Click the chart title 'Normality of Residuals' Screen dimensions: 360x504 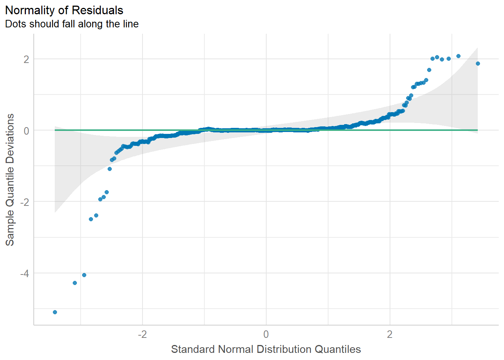coord(64,10)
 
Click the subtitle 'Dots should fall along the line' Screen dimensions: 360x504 coord(72,24)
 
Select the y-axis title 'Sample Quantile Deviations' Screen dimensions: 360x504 coord(10,180)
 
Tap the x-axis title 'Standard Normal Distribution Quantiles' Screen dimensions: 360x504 coord(266,349)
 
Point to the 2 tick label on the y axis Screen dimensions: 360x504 coord(26,59)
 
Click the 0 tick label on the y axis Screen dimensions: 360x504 coord(26,130)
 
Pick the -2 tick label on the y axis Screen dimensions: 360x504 coord(24,202)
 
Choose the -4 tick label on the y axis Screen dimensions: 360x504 coord(24,273)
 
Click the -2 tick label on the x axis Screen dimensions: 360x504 coord(142,334)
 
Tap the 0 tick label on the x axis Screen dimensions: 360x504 coord(266,334)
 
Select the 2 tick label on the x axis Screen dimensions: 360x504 coord(390,334)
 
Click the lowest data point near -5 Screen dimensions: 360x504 coord(55,312)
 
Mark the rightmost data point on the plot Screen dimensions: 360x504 coord(478,63)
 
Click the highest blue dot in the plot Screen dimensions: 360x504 coord(458,56)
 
